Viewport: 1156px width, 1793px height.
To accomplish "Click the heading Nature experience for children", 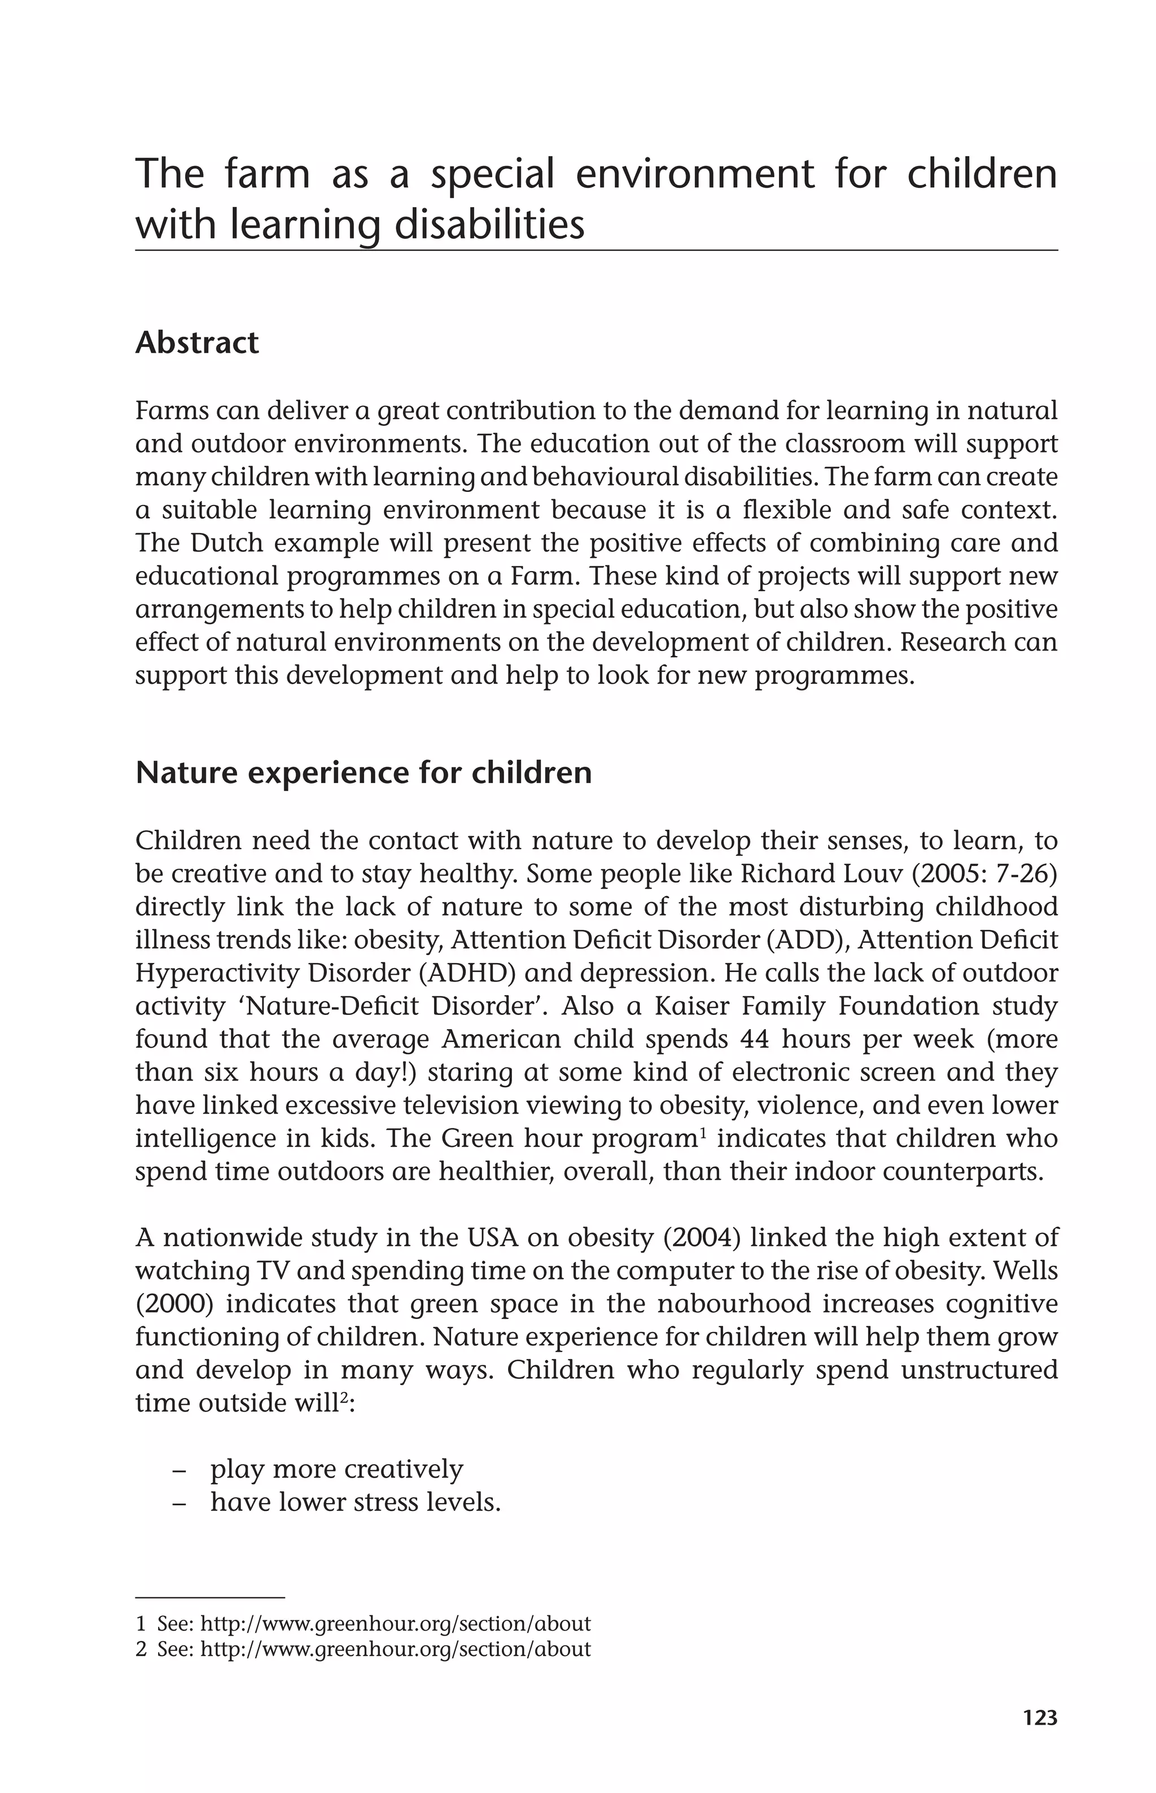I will coord(364,773).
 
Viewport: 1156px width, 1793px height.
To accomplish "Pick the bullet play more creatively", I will coord(336,1468).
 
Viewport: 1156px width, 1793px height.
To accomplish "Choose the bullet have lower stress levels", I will coord(355,1502).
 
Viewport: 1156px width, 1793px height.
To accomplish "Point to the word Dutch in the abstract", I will coord(222,542).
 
